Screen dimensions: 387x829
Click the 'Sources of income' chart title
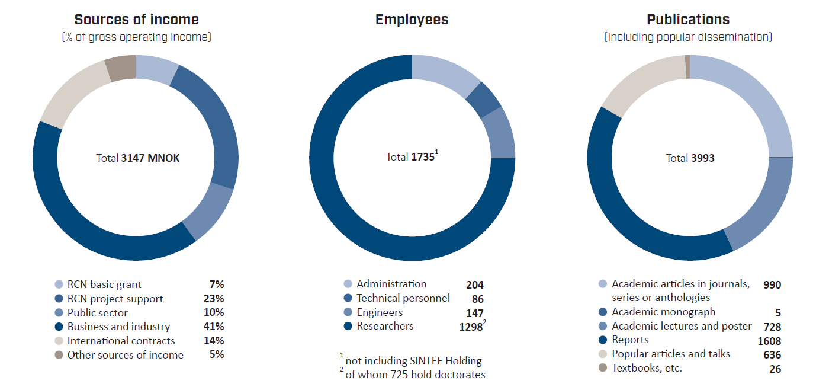point(136,20)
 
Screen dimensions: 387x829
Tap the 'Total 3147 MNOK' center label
point(138,158)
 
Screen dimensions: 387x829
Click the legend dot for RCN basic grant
point(59,284)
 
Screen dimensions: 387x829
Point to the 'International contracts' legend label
point(121,341)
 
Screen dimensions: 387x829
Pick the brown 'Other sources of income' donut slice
point(121,68)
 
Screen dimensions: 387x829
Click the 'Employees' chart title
point(412,20)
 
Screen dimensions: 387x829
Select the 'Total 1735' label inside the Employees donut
point(411,157)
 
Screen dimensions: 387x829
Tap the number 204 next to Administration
point(474,285)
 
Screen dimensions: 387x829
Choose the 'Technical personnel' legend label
point(403,298)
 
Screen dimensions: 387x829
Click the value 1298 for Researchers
point(472,327)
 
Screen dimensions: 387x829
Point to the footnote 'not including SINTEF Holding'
point(413,360)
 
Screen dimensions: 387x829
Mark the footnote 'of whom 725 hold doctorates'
point(415,375)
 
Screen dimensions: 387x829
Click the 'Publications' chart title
point(688,20)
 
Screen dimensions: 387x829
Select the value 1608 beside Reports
point(769,341)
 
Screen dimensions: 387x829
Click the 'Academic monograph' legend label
point(663,312)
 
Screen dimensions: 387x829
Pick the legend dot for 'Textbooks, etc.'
point(603,368)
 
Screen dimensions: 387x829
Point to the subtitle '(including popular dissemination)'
point(688,37)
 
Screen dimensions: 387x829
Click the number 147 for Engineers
point(474,314)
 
